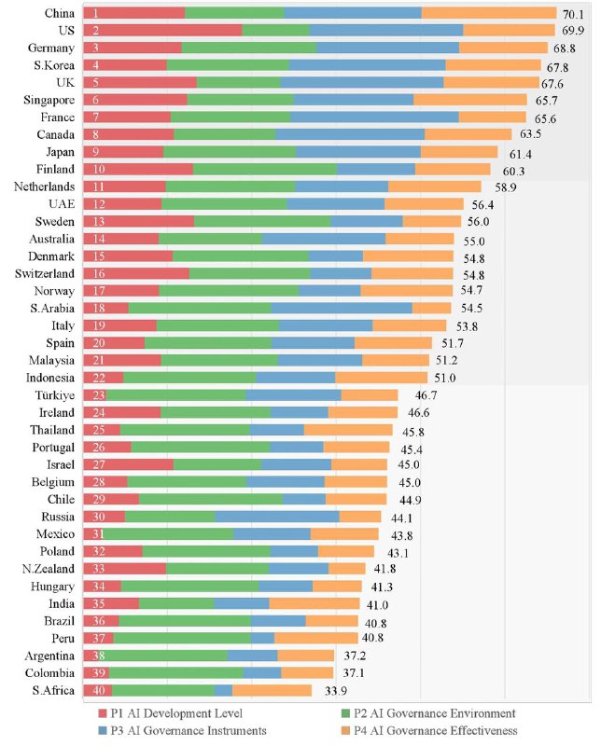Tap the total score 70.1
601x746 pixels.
pyautogui.click(x=572, y=14)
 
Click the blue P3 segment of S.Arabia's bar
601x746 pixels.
pyautogui.click(x=342, y=308)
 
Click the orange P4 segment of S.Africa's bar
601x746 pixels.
pyautogui.click(x=272, y=690)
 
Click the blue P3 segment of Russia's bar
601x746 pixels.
pyautogui.click(x=277, y=517)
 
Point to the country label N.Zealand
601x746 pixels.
pyautogui.click(x=49, y=569)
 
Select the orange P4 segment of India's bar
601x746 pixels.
pyautogui.click(x=314, y=603)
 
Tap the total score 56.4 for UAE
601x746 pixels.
pyautogui.click(x=482, y=204)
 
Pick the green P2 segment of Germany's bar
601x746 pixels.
pyautogui.click(x=248, y=47)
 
